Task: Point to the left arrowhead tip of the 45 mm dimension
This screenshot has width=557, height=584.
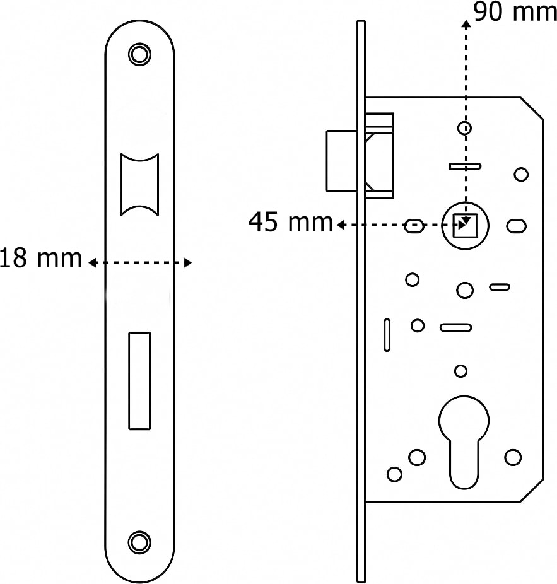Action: point(337,225)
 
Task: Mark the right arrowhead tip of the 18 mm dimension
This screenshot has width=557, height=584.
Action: point(192,263)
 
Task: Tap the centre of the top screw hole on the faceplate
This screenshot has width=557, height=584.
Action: point(139,54)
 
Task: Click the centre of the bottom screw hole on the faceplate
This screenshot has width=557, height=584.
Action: point(139,542)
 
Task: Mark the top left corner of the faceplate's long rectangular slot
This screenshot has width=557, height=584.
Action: point(129,332)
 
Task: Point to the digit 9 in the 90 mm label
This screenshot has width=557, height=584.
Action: point(482,11)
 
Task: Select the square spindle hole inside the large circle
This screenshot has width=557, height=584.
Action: point(465,226)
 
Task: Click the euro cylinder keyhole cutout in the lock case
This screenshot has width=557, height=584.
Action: point(464,442)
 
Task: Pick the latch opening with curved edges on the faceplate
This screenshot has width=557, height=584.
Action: point(139,184)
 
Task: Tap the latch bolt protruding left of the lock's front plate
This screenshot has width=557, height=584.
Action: point(342,161)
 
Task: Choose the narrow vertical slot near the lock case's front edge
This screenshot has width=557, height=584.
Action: point(387,335)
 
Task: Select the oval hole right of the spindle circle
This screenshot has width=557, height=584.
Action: point(517,226)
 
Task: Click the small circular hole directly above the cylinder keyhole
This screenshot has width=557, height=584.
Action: point(461,371)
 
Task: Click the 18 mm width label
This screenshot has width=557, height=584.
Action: point(41,258)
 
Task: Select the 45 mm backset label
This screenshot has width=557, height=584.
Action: point(291,221)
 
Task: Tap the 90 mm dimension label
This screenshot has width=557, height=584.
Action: point(515,11)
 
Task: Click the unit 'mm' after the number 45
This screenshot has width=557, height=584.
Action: point(311,223)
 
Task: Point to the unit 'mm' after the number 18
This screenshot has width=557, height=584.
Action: point(60,260)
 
